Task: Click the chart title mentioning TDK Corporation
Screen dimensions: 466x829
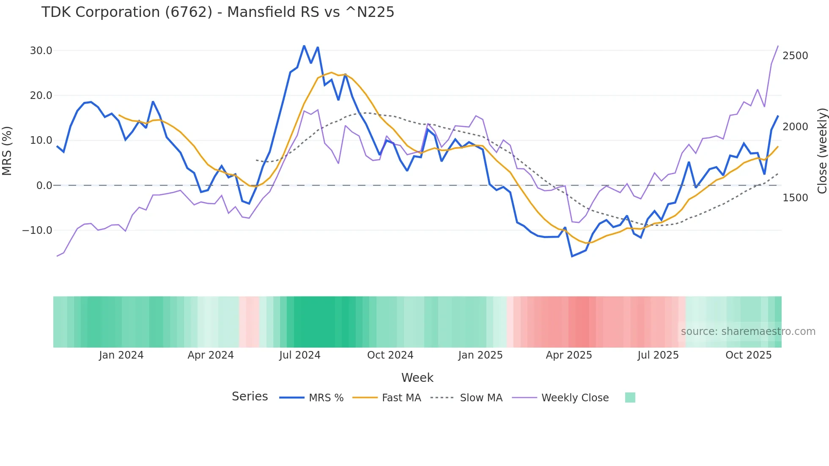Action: [217, 12]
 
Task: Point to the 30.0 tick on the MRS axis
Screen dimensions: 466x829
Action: [41, 51]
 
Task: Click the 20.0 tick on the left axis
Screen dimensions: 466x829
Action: [41, 96]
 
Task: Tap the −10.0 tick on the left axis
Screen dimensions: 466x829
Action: [37, 230]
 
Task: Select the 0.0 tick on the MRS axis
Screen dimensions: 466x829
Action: [44, 186]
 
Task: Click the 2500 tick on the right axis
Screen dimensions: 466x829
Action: [795, 56]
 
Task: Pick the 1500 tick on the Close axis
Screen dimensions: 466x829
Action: [795, 198]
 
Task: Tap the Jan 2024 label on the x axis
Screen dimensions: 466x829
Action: [121, 355]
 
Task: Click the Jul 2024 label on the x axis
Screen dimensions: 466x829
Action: [300, 355]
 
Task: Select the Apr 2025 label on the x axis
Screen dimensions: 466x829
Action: [569, 355]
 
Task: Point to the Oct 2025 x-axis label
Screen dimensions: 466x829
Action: [749, 355]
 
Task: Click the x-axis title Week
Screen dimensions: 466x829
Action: [417, 378]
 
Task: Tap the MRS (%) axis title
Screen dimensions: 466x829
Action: [7, 151]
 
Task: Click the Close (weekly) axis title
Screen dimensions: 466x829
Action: [822, 151]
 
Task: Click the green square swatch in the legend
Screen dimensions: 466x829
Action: [630, 397]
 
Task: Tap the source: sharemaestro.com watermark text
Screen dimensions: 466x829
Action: [748, 332]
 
